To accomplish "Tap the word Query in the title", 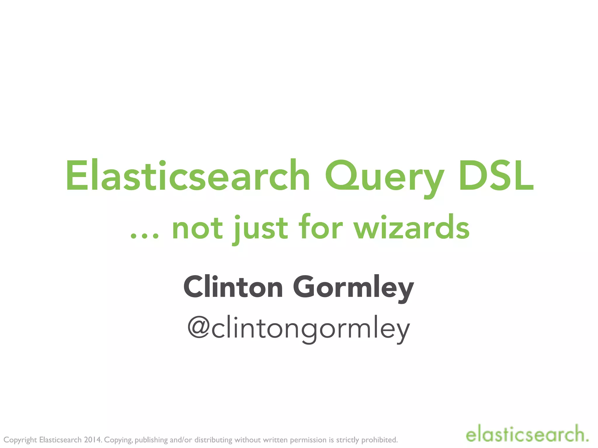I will [384, 178].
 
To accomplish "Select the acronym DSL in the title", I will [496, 176].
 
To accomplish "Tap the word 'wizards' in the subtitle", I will [412, 228].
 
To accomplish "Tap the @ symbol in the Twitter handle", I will [199, 327].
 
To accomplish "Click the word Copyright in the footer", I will [20, 440].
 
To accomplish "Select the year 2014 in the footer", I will [93, 440].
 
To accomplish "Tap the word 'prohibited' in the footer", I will [379, 440].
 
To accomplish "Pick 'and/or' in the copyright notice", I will [181, 440].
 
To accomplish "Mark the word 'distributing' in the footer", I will [213, 440].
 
